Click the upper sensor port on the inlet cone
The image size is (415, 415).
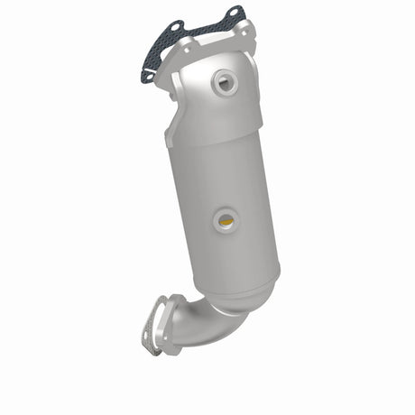[x=223, y=83]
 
